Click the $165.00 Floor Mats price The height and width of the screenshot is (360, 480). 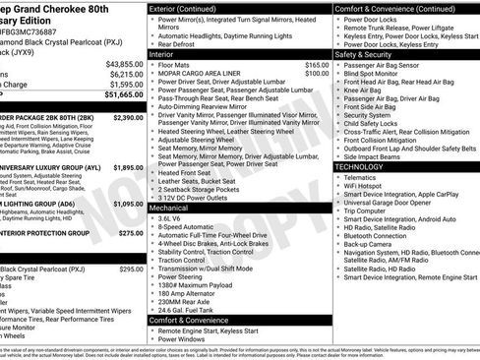[x=317, y=64]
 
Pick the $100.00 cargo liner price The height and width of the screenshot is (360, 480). [x=317, y=73]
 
